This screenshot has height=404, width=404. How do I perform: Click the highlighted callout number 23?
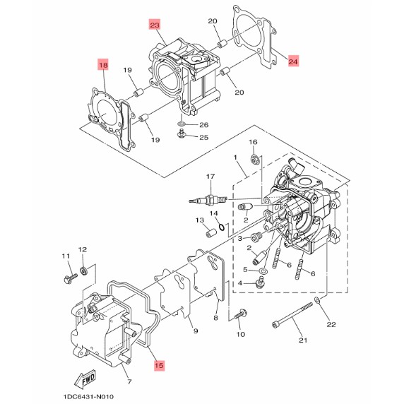[155, 25]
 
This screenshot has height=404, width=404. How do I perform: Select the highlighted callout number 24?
[293, 61]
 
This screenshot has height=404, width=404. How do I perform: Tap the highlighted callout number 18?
[103, 65]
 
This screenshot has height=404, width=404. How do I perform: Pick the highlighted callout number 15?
[159, 365]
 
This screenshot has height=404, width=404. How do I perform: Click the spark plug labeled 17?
[208, 200]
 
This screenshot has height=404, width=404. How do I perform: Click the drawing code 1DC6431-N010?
[88, 396]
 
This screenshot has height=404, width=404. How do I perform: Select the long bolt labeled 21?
[292, 316]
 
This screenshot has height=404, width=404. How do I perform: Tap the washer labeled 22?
[317, 299]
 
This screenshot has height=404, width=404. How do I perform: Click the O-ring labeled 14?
[221, 227]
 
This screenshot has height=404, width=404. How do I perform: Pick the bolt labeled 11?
[70, 278]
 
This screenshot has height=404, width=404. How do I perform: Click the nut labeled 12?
[84, 271]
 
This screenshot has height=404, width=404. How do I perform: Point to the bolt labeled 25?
[182, 133]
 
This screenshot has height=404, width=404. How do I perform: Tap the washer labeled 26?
[182, 124]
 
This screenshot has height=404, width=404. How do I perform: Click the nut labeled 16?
[255, 160]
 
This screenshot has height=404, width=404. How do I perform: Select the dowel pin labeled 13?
[210, 232]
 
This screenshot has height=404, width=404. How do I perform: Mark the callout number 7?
[129, 381]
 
